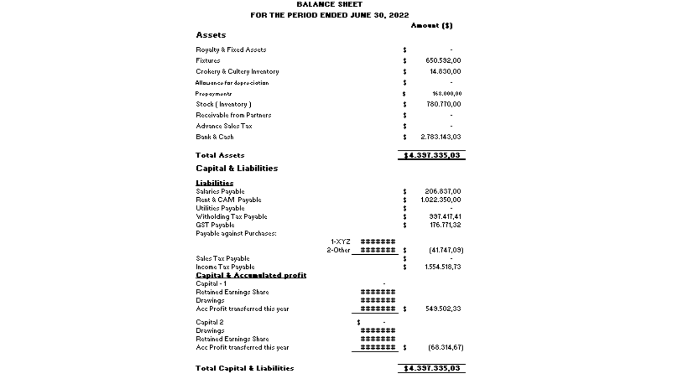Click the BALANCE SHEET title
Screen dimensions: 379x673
coord(329,5)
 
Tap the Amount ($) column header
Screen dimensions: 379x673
coord(431,25)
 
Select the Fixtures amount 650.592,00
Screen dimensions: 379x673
coord(443,61)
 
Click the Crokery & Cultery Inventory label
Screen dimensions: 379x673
coord(237,71)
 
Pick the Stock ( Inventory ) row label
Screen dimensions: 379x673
coord(223,104)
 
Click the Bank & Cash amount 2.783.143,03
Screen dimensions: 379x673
coord(440,137)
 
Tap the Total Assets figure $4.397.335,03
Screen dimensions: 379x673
coord(432,155)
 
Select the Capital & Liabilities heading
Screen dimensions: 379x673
coord(237,168)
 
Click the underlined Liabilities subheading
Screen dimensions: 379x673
coord(214,183)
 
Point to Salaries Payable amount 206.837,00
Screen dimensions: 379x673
coord(442,192)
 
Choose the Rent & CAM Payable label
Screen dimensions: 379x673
coord(228,200)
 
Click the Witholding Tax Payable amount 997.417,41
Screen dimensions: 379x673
coord(445,217)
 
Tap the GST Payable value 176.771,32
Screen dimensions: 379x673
coord(445,225)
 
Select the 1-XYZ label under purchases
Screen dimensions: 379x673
coord(340,242)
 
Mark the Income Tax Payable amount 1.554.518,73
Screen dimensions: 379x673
coord(442,267)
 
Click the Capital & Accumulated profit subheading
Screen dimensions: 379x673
coord(251,275)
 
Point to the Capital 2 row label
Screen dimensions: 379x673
coord(209,322)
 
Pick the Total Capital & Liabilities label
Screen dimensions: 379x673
coord(245,368)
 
